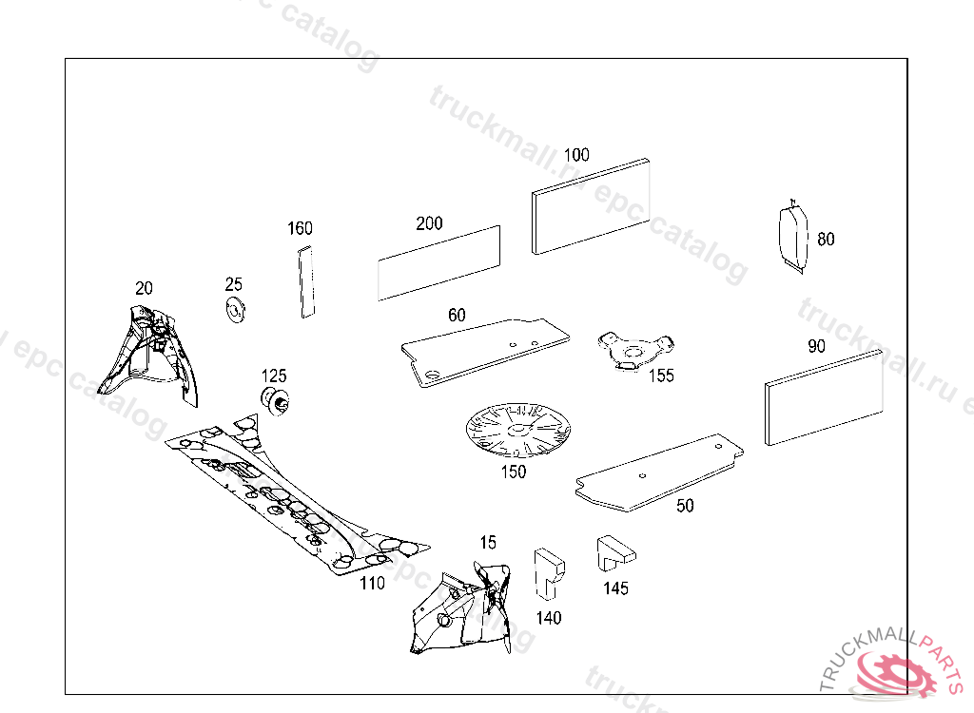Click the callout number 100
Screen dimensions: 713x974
click(576, 155)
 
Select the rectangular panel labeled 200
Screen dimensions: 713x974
click(438, 263)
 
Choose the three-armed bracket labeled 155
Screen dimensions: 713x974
click(633, 351)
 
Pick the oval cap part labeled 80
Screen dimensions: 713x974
click(791, 236)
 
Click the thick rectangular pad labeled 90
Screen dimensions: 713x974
click(824, 397)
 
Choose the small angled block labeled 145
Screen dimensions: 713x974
click(614, 552)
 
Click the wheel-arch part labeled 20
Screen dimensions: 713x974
click(151, 356)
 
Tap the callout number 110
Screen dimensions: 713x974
click(372, 583)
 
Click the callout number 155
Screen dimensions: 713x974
click(661, 376)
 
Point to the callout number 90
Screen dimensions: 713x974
click(816, 346)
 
